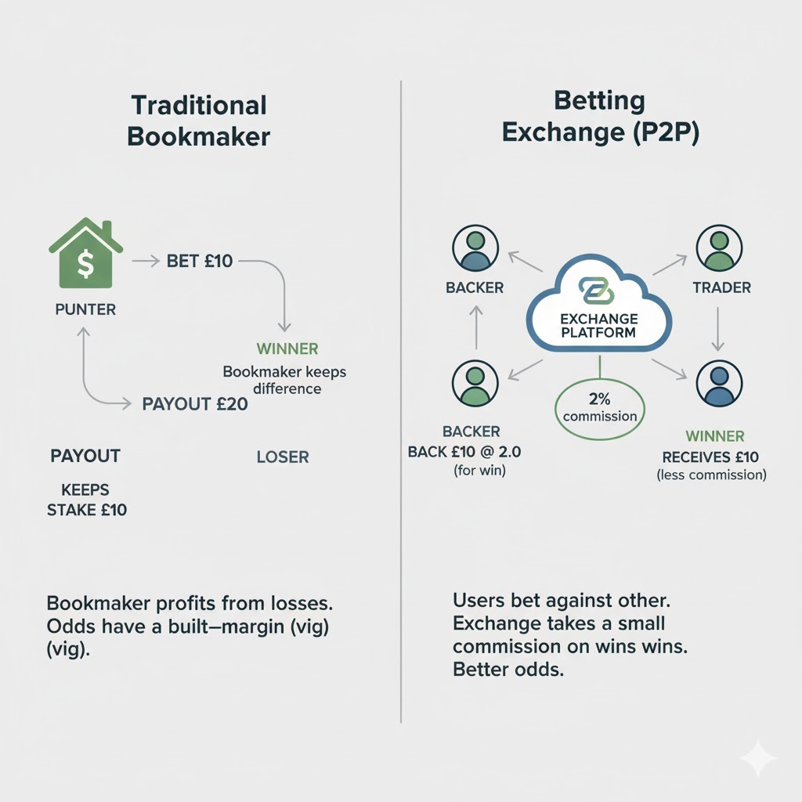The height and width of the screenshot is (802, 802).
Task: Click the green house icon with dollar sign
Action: pyautogui.click(x=85, y=248)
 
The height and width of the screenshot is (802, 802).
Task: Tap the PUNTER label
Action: pyautogui.click(x=85, y=309)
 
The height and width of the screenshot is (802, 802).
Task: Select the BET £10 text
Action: pyautogui.click(x=200, y=261)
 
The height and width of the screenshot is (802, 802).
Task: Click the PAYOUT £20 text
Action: pyautogui.click(x=195, y=404)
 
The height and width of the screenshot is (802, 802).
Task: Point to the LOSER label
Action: pyautogui.click(x=283, y=457)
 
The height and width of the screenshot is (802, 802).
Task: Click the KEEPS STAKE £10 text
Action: pyautogui.click(x=85, y=500)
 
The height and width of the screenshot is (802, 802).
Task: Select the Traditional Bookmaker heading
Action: pyautogui.click(x=198, y=121)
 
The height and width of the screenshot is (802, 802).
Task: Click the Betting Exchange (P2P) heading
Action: pyautogui.click(x=600, y=117)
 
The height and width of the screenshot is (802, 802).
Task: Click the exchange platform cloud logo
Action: pyautogui.click(x=598, y=289)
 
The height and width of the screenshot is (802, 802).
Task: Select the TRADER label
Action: pyautogui.click(x=721, y=287)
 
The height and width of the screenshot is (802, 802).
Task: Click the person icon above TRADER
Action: pyautogui.click(x=717, y=248)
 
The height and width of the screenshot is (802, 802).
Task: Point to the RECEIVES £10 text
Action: pyautogui.click(x=710, y=457)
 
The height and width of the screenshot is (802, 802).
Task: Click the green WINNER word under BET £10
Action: pyautogui.click(x=287, y=349)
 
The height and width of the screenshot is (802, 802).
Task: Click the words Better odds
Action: pyautogui.click(x=508, y=670)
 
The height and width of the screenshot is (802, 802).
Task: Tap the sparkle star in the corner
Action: pyautogui.click(x=757, y=757)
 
